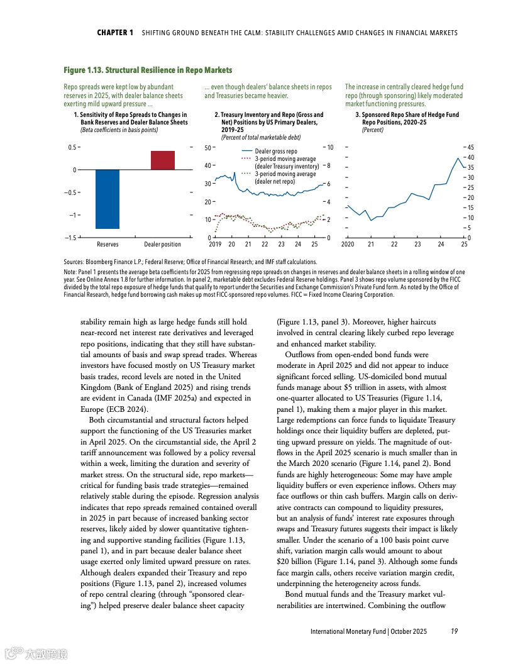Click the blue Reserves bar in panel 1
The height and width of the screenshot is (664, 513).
click(108, 199)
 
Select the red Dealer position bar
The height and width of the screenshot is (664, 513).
click(163, 160)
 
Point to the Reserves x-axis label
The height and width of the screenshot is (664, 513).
click(108, 244)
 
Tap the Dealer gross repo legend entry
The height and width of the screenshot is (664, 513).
click(275, 152)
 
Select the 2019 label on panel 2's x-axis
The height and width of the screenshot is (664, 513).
click(215, 244)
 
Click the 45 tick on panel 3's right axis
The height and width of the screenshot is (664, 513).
click(470, 147)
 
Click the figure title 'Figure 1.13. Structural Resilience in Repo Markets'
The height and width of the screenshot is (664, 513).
click(148, 70)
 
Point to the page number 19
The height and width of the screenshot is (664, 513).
click(454, 631)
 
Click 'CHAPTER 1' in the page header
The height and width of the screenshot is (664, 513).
click(115, 32)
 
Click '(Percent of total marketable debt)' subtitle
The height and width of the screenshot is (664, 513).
click(260, 136)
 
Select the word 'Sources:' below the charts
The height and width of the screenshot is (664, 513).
click(75, 262)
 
